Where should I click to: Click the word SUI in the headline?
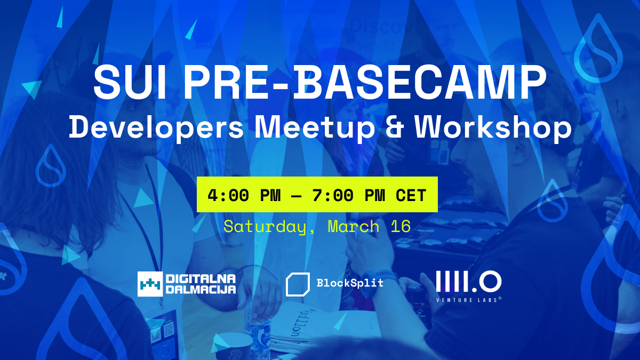130,82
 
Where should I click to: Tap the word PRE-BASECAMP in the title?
365,82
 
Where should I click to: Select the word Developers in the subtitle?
156,128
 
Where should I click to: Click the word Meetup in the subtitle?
315,128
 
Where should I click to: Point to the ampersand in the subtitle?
395,127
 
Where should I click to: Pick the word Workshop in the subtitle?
493,127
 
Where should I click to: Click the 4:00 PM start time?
244,195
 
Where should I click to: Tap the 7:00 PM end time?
349,195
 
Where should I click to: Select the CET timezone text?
411,195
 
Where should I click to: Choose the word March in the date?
354,226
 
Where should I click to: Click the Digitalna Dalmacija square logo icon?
150,284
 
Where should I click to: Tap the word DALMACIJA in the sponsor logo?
201,290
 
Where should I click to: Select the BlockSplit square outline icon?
298,284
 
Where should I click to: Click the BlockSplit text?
350,283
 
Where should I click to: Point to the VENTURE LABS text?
469,300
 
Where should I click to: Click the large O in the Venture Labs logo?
490,282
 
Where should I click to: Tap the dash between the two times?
297,196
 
